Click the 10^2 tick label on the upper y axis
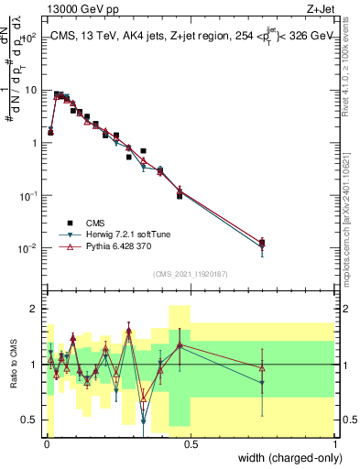29,38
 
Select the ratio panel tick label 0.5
30,420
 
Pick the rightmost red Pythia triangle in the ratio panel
262,368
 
